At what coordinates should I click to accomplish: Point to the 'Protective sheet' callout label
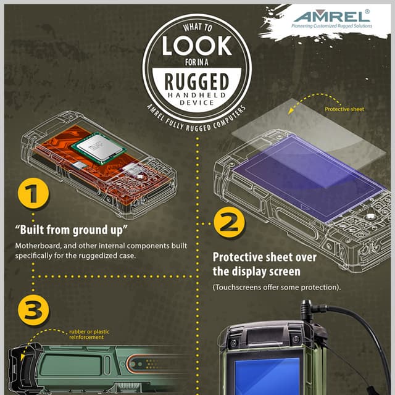click(x=344, y=109)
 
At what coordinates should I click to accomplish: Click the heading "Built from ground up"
click(x=71, y=231)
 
